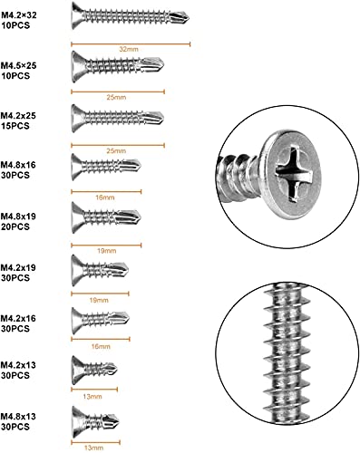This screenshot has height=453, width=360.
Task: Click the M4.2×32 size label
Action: coord(18,15)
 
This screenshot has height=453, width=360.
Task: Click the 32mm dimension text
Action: coord(129,49)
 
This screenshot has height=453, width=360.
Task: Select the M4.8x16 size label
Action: coord(18,165)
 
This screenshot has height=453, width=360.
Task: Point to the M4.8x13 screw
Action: coord(95,421)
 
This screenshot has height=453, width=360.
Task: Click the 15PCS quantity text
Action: coord(15,126)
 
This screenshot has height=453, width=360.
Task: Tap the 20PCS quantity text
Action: coord(15,226)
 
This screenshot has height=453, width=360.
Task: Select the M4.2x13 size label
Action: coord(18,365)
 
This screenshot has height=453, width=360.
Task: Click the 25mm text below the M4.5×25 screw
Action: coord(116,97)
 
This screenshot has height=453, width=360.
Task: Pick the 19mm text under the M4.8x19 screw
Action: coord(106,251)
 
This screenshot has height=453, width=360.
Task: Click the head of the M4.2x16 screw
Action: coord(77,321)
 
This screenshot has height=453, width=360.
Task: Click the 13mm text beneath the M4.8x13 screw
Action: coord(93,448)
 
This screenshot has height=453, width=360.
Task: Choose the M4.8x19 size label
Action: coord(18,217)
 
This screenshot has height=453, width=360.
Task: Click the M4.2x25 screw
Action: coord(118,118)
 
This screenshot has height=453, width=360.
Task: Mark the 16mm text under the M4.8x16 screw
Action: coord(105,198)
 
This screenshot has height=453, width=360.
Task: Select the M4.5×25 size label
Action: coord(18,65)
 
